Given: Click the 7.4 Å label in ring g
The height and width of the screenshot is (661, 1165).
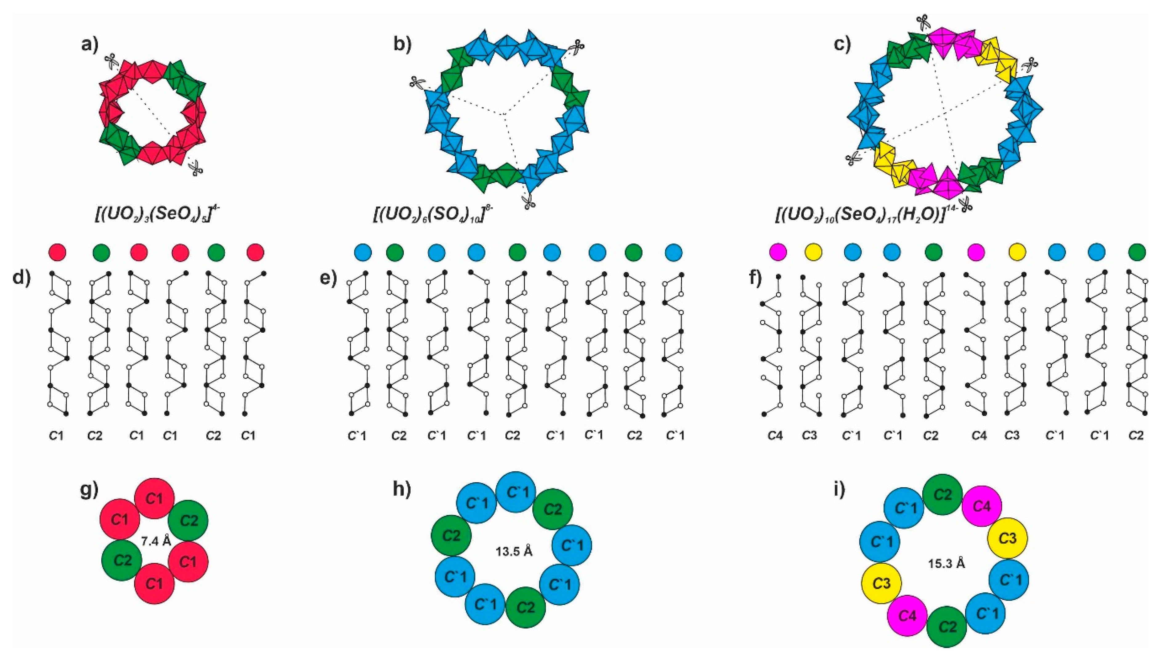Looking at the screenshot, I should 156,541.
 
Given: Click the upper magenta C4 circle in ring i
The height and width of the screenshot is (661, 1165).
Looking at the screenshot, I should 982,506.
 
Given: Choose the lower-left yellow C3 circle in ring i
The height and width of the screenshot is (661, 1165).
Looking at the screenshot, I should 881,583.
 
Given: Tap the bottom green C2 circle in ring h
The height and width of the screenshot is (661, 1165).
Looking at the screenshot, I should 525,607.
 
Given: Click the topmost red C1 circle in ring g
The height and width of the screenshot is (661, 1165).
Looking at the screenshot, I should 154,498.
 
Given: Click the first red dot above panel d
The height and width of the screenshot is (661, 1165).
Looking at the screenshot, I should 57,252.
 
